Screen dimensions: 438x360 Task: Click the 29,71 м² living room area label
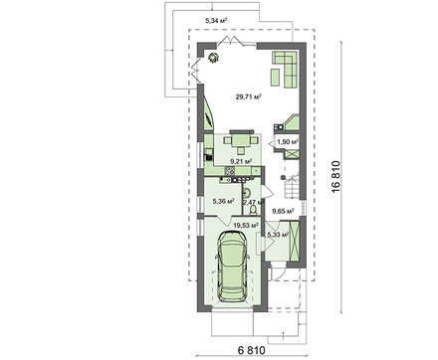click(248, 96)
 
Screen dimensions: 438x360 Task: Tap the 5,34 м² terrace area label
click(216, 21)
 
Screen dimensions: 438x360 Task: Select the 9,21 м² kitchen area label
click(241, 161)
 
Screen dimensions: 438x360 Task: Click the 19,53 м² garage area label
click(246, 226)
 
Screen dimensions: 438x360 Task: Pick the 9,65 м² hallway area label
click(283, 211)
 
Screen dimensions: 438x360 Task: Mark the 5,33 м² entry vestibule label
click(278, 235)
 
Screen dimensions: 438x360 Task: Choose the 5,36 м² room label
click(224, 201)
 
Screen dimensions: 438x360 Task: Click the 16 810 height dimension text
click(335, 176)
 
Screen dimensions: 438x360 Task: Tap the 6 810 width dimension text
click(252, 350)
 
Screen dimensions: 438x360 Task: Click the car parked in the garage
click(232, 267)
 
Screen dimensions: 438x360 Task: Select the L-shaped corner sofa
click(285, 70)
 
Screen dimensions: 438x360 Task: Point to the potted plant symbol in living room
click(213, 58)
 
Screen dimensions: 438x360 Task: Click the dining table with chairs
click(241, 141)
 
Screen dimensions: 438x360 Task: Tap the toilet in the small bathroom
click(253, 209)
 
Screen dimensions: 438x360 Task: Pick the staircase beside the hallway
click(293, 186)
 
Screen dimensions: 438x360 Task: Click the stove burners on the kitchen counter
click(230, 170)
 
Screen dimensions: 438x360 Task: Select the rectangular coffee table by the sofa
click(276, 78)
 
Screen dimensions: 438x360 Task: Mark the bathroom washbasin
click(247, 192)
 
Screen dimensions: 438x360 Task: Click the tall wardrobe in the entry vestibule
click(295, 241)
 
